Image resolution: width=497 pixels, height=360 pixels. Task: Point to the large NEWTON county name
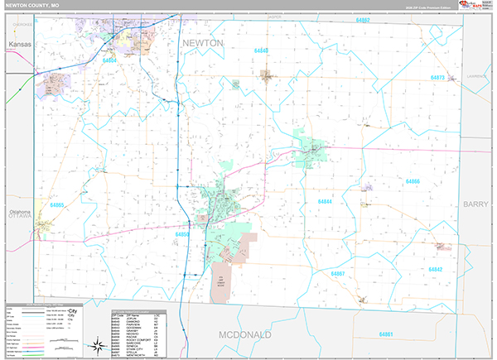tap(202, 42)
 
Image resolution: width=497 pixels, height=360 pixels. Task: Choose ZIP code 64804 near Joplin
tap(109, 60)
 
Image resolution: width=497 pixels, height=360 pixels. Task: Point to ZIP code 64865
tap(57, 204)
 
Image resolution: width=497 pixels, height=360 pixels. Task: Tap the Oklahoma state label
tap(20, 212)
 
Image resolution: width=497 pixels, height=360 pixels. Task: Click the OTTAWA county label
tap(20, 220)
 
